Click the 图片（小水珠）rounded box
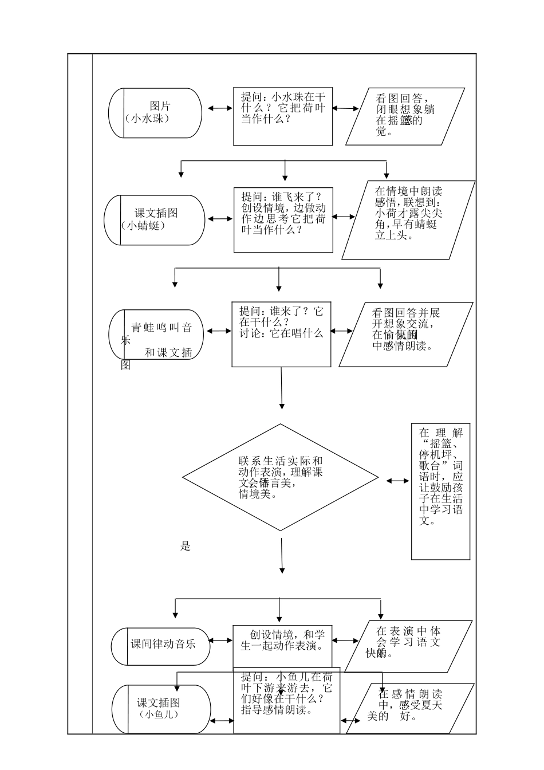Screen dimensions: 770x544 [155, 113]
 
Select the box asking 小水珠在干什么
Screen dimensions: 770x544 [283, 116]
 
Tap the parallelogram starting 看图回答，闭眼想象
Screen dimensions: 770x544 [405, 116]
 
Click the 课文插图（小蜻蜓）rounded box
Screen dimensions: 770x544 [155, 220]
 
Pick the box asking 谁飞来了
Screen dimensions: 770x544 [283, 220]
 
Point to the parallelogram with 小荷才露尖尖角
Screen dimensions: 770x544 [408, 220]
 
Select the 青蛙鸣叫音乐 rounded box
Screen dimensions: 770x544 [156, 335]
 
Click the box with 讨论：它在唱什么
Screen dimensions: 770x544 [281, 335]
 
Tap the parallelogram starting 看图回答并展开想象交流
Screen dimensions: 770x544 [405, 335]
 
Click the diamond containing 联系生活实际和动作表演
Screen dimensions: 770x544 [280, 477]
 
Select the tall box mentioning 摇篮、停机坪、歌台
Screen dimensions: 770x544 [440, 491]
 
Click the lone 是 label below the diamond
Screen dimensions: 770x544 [185, 546]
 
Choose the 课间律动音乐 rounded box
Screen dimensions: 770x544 [161, 646]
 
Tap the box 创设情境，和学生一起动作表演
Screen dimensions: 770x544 [282, 646]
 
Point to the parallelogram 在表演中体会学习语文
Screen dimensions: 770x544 [408, 646]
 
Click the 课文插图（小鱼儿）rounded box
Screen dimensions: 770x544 [161, 709]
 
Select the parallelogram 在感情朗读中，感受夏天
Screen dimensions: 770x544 [410, 709]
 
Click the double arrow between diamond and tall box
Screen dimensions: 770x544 [397, 481]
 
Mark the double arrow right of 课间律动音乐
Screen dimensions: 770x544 [221, 641]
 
